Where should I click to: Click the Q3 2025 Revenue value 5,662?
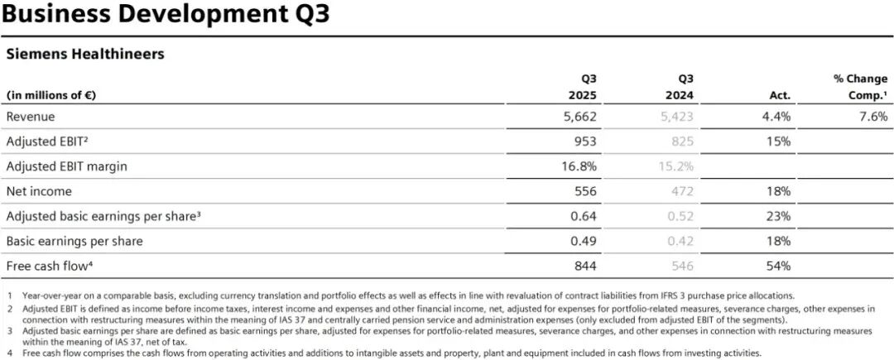(x=579, y=117)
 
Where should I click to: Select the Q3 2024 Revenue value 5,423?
(x=676, y=117)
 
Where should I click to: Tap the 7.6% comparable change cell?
(x=873, y=117)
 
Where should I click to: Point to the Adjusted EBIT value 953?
(x=586, y=142)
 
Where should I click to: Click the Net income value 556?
(x=586, y=191)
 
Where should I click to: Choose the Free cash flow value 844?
(x=586, y=266)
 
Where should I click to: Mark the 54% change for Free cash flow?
(x=779, y=266)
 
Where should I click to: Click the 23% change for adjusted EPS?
(x=779, y=217)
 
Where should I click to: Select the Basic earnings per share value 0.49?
(x=584, y=241)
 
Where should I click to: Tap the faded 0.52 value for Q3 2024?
(x=680, y=217)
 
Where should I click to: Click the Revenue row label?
(x=31, y=117)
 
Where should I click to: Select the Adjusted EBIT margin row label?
(x=67, y=167)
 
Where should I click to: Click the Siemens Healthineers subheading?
(x=85, y=54)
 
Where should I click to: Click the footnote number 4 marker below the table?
(x=10, y=353)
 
